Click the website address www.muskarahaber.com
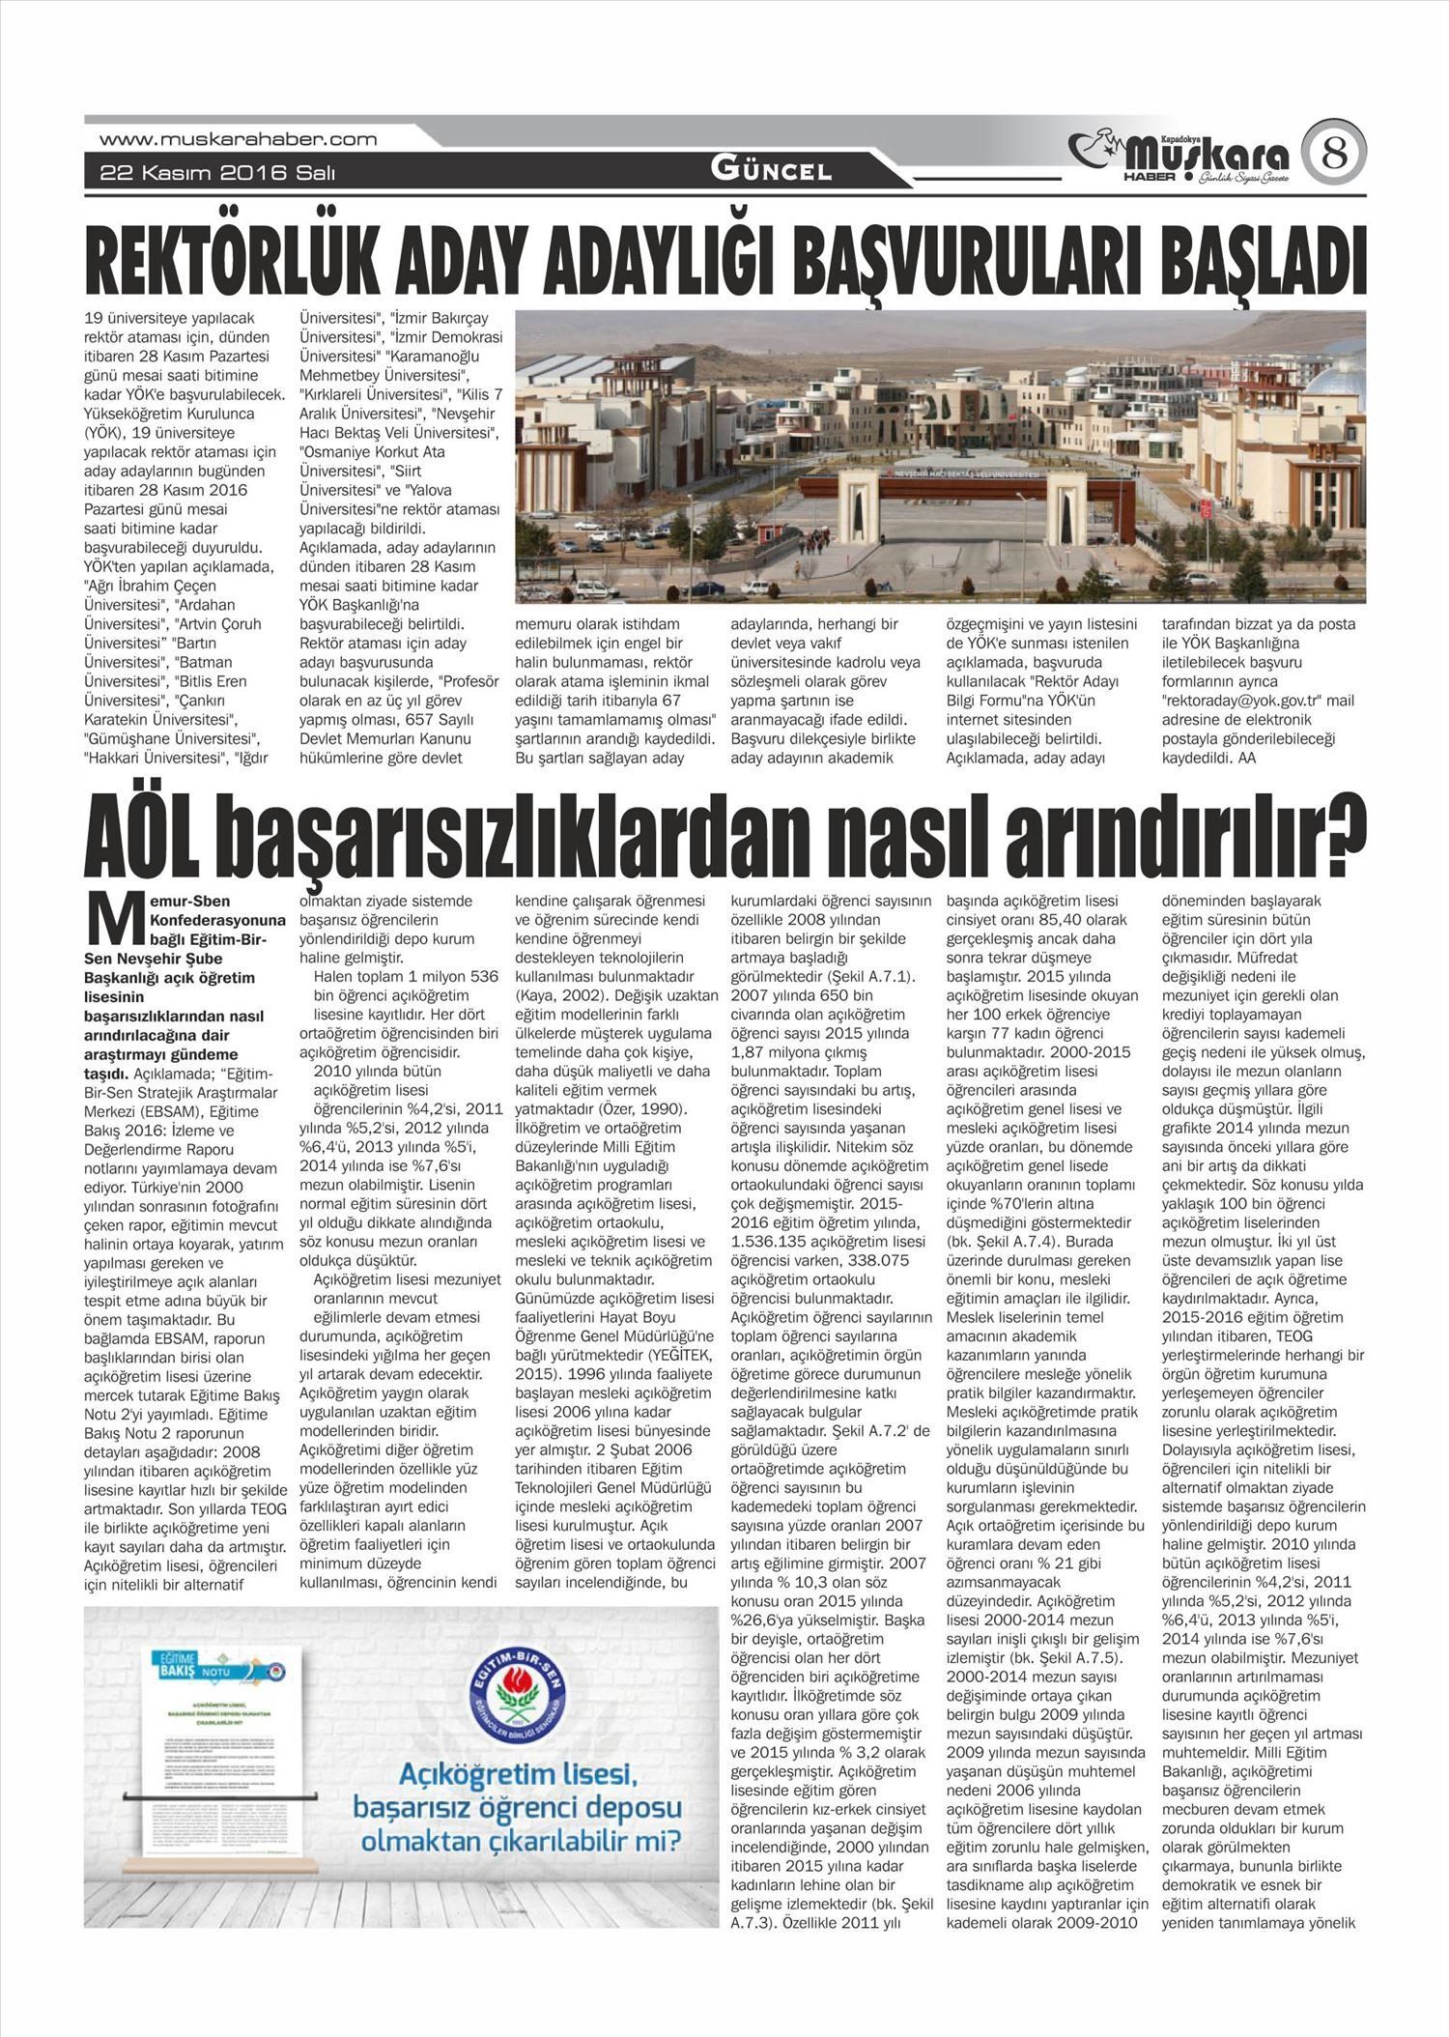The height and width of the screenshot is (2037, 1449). coord(239,139)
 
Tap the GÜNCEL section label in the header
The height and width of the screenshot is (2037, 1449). coord(771,171)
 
